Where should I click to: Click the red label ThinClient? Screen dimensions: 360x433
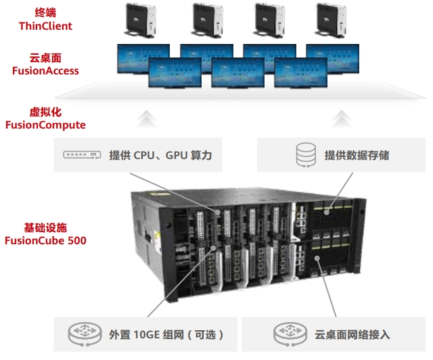pos(46,26)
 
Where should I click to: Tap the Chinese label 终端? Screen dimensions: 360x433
pos(46,12)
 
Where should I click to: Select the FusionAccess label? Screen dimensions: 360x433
pos(45,71)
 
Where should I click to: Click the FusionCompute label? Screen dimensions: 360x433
pos(45,125)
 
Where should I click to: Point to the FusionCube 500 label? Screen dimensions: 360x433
pos(45,240)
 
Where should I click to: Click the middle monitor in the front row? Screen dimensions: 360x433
pos(238,72)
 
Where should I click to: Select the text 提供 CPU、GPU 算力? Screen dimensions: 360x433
pos(160,156)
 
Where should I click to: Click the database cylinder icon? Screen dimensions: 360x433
pos(305,155)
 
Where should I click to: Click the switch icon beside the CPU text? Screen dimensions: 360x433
pos(83,155)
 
